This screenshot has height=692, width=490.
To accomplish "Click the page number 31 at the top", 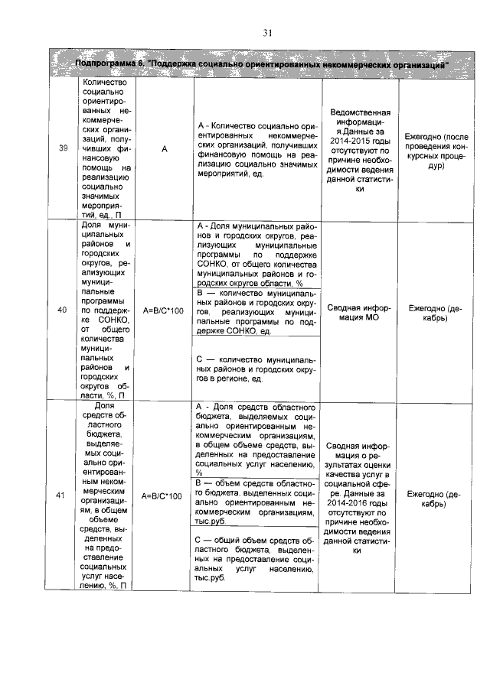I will (x=268, y=32).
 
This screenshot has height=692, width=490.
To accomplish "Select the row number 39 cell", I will (x=62, y=148).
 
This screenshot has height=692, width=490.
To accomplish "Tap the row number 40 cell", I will (x=62, y=310).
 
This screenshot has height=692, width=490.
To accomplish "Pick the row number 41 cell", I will (x=62, y=495).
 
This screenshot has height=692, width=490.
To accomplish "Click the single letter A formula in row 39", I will (x=163, y=148).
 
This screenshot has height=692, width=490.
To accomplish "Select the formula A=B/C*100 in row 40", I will (x=162, y=310).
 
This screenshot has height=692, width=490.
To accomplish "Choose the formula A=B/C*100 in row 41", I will (x=162, y=495).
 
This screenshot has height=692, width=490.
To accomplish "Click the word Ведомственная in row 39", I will (x=359, y=112).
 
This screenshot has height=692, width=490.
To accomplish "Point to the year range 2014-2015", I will (x=360, y=141).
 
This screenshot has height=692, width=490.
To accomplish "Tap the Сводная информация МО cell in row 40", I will (x=359, y=310).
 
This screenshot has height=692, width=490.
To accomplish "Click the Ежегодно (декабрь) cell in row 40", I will (x=435, y=310).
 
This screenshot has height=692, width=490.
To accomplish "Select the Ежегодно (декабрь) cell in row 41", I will (x=435, y=495).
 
